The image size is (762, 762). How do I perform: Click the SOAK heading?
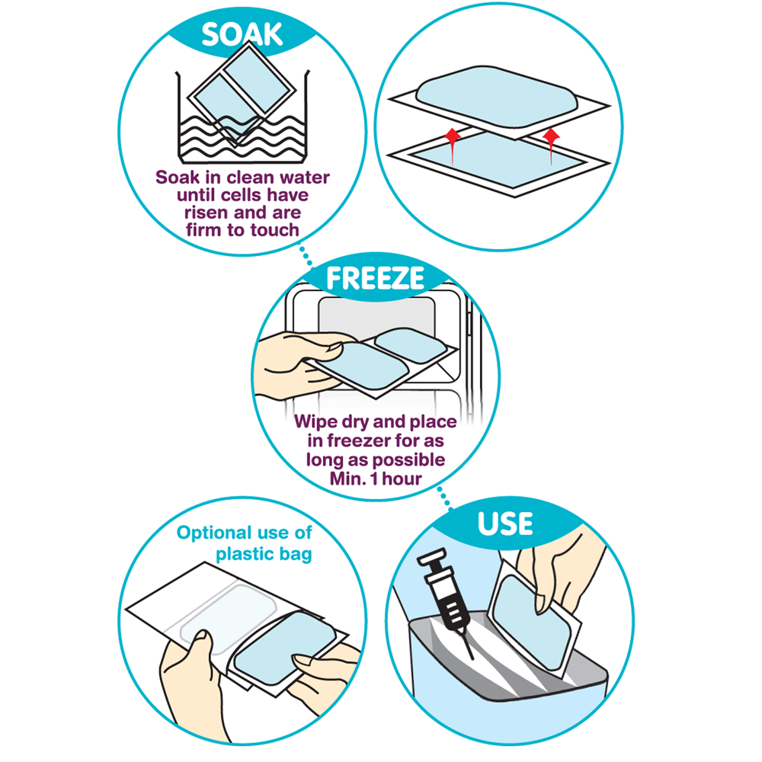click(242, 34)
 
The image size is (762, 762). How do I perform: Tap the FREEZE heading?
click(375, 278)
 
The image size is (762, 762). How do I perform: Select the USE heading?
click(505, 524)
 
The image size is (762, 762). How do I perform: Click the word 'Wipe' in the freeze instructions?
click(314, 421)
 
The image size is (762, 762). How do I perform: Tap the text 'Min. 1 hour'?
click(376, 479)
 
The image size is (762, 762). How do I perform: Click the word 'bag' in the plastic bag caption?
click(296, 555)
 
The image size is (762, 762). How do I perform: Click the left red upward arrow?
click(453, 146)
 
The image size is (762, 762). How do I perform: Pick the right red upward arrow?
click(551, 146)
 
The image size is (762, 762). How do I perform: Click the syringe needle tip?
click(473, 659)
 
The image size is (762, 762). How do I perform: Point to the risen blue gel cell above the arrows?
click(497, 97)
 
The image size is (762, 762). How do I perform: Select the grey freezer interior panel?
click(376, 319)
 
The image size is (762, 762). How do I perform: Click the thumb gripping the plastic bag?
click(203, 654)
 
